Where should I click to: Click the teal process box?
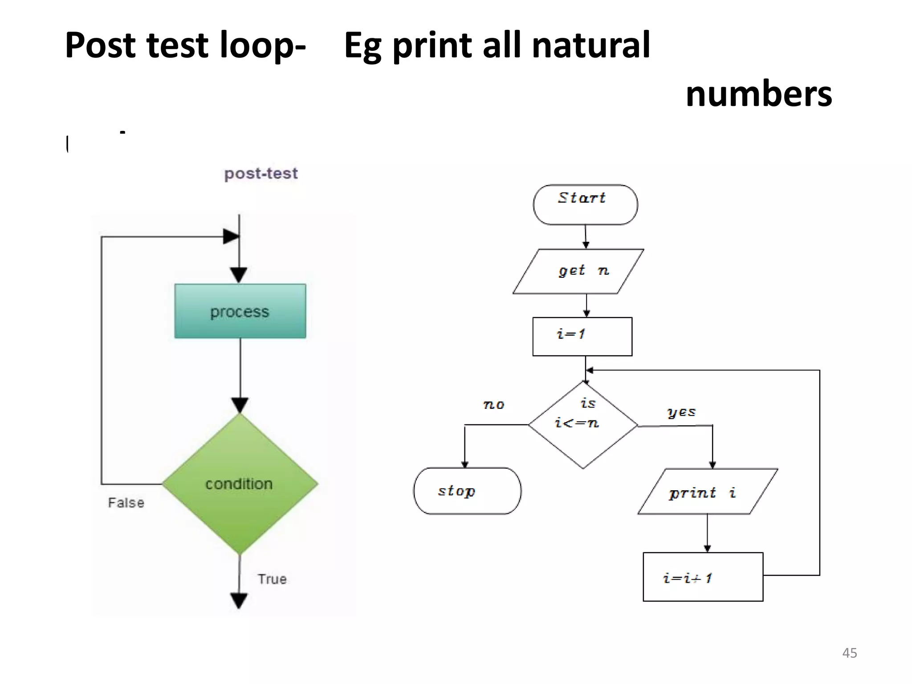(240, 311)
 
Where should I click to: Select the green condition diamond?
(240, 484)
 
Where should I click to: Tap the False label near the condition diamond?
(126, 503)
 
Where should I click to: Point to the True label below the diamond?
(272, 579)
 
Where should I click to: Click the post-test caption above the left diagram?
(261, 173)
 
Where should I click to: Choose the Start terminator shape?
(585, 204)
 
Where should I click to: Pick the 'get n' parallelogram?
(578, 271)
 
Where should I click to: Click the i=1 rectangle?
(582, 336)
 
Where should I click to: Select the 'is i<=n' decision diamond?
(583, 425)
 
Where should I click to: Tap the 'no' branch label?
(494, 404)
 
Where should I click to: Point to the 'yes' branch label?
(681, 412)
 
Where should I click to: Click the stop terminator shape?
(467, 491)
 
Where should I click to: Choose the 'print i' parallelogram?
(708, 492)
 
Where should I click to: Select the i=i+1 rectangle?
(703, 577)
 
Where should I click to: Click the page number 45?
(849, 653)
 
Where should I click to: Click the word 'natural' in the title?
(590, 45)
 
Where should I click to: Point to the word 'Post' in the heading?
(100, 45)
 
